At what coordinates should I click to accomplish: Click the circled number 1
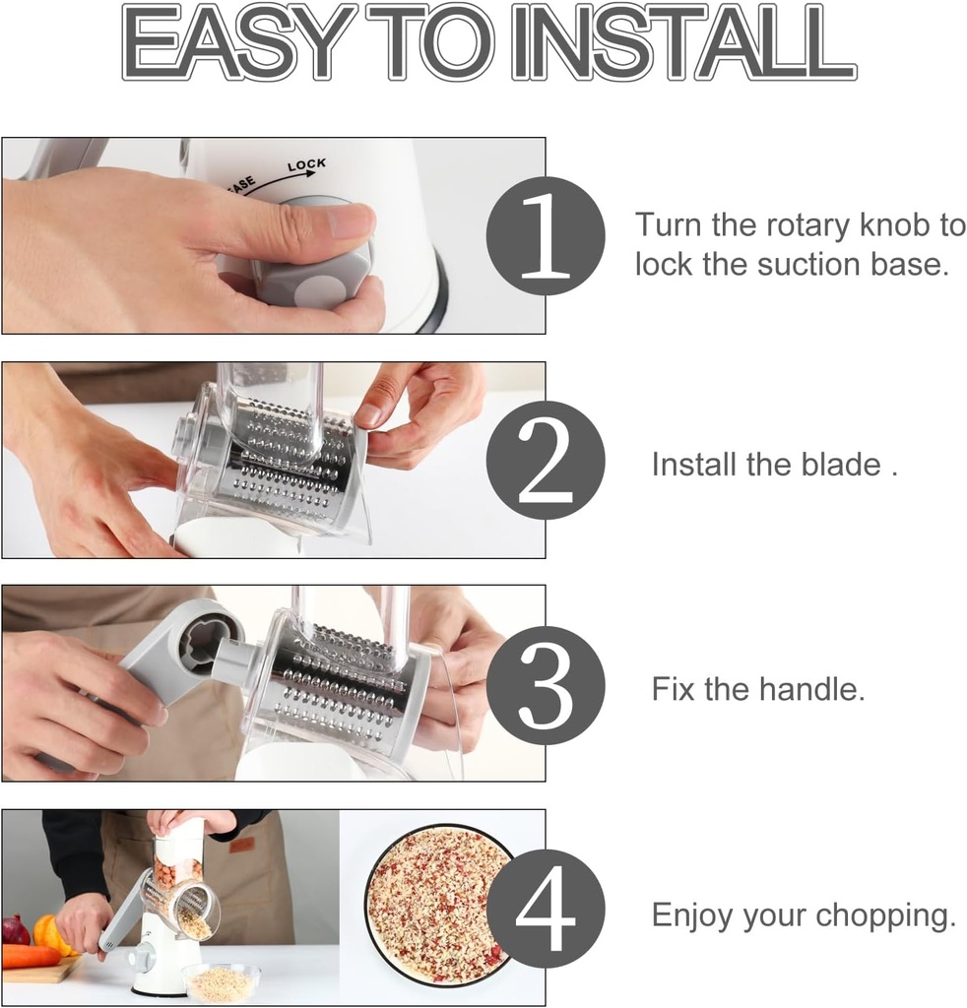click(x=545, y=236)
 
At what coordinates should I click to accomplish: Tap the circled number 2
click(x=545, y=460)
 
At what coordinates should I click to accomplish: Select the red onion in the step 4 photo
click(x=16, y=929)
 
